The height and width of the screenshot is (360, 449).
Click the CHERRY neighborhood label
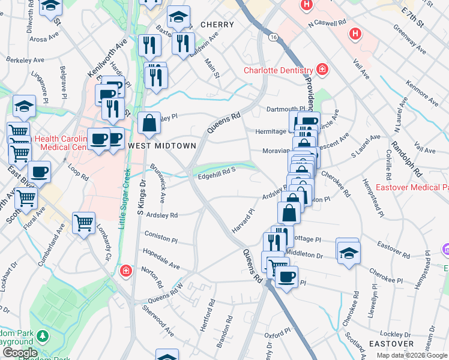[x=212, y=25]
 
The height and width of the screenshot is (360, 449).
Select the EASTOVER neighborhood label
[x=391, y=344]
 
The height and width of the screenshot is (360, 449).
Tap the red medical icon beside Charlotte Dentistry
[x=322, y=70]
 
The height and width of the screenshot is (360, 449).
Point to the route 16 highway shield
[x=273, y=37]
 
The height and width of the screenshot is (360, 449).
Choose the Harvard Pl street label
[x=244, y=221]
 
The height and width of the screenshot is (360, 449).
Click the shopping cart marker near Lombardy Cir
[x=83, y=223]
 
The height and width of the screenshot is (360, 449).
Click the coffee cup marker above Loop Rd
[x=39, y=172]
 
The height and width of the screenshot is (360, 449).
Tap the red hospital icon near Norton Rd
[x=125, y=271]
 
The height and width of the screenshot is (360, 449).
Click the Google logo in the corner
[x=19, y=353]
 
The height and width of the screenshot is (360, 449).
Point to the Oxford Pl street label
[x=277, y=333]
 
